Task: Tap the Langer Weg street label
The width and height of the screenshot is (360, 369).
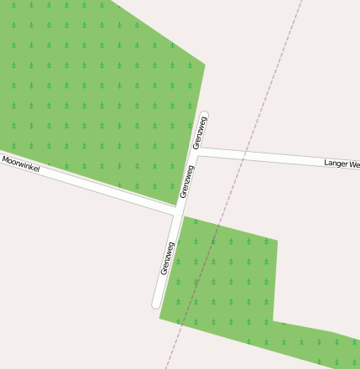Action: (342, 164)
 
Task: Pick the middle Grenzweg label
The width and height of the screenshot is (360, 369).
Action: (187, 181)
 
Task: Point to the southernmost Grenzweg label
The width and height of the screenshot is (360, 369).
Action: (167, 258)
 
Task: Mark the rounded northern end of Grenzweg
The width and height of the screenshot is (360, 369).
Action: (205, 115)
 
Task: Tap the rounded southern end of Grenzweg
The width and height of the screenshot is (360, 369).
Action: (156, 304)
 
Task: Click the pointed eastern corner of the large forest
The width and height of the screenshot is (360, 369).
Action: (206, 64)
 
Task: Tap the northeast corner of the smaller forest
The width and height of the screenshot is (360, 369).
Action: (277, 241)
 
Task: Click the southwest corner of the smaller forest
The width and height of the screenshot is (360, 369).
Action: (159, 317)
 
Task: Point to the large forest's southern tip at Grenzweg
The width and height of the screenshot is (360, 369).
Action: (174, 204)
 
